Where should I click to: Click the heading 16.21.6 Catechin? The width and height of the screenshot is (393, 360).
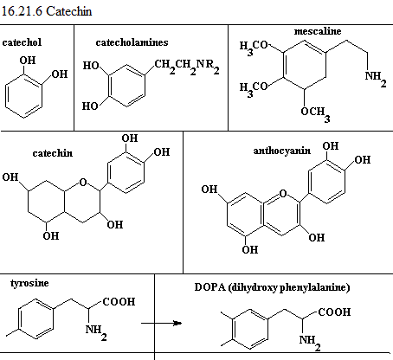click(47, 11)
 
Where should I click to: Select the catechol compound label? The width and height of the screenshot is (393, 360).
click(22, 42)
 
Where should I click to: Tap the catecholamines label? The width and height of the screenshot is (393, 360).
click(132, 42)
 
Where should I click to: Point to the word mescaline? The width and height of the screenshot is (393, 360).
click(318, 31)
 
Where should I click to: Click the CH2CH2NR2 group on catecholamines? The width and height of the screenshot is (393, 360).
click(187, 67)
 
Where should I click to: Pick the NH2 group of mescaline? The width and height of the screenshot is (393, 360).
click(376, 79)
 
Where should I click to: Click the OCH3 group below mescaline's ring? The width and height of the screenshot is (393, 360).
click(315, 114)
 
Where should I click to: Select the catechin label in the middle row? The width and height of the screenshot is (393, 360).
click(53, 153)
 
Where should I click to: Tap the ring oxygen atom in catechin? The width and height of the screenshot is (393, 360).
click(83, 182)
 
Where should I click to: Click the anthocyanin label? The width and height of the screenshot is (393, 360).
click(282, 151)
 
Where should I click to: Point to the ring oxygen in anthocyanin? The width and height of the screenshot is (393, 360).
click(283, 193)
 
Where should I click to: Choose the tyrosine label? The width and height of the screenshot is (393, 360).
click(29, 283)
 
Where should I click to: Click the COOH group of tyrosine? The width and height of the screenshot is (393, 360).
click(119, 302)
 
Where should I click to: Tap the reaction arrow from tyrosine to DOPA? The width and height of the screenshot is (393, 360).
click(162, 323)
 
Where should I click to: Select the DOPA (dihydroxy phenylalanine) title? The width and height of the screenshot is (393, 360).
click(272, 287)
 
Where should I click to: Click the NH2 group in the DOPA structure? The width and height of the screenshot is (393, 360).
click(310, 343)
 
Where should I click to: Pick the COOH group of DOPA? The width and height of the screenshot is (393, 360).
click(334, 312)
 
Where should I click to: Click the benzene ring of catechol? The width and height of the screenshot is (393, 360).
click(23, 96)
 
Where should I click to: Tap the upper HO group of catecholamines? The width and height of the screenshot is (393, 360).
click(91, 66)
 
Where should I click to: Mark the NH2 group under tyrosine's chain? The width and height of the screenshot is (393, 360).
click(96, 332)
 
